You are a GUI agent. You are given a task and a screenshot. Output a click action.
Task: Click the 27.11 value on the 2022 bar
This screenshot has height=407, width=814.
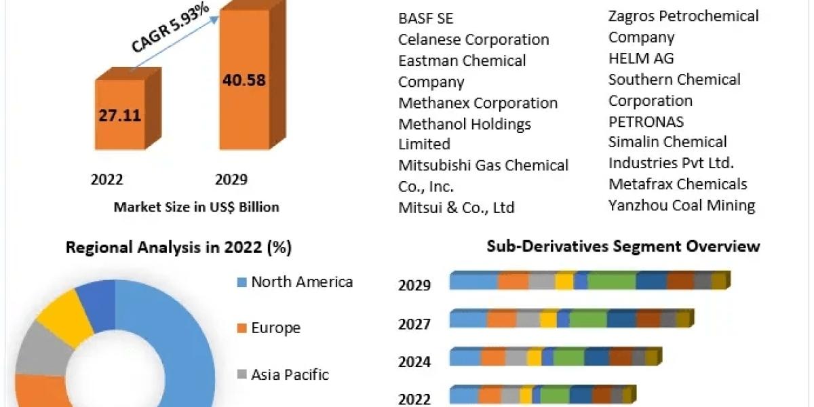119,115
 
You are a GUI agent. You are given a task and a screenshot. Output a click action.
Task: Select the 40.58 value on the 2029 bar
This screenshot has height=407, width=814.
244,80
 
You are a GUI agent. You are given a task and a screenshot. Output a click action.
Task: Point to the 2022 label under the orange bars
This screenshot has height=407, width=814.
107,180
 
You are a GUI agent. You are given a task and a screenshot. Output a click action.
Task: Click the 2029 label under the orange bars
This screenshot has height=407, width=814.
231,180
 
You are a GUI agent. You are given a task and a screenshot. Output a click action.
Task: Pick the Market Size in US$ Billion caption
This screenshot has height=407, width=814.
196,207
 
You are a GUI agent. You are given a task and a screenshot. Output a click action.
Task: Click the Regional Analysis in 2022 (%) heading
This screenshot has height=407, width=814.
178,248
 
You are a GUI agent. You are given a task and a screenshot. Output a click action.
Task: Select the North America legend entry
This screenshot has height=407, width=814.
295,282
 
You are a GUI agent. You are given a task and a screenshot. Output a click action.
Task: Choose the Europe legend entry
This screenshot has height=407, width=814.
269,328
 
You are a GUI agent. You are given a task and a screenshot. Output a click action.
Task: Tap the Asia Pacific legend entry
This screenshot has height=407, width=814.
283,374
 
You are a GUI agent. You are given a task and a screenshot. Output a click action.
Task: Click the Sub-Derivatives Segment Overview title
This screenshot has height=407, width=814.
623,246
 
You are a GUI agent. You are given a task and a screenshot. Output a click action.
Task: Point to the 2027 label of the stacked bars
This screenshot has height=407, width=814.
414,325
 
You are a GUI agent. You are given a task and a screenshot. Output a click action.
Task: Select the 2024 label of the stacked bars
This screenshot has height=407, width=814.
414,362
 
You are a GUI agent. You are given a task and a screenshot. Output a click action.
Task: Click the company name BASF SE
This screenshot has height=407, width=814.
426,18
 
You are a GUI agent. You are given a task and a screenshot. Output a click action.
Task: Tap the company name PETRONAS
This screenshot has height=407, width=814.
646,121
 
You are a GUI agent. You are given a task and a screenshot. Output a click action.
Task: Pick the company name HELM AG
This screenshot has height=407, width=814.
641,58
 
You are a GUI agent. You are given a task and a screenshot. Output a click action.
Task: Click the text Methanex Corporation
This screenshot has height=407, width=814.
478,103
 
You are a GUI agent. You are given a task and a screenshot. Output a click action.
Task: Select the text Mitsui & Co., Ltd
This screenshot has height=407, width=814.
457,208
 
